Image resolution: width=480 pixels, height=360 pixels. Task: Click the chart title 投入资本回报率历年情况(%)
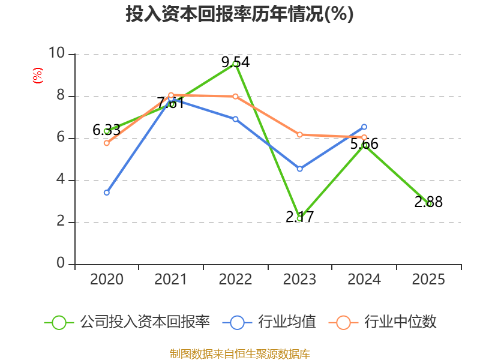(x=239, y=14)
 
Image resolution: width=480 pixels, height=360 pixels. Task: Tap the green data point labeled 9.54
(x=235, y=64)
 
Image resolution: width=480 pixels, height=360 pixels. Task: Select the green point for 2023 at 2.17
(x=299, y=218)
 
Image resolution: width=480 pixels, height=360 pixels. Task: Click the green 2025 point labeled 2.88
(x=428, y=203)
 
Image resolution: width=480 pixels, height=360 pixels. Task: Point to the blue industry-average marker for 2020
(x=107, y=193)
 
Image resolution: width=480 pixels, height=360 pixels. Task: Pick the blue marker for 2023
(x=299, y=169)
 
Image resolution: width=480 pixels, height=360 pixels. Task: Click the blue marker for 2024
(x=364, y=127)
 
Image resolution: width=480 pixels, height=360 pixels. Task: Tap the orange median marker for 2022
(x=235, y=97)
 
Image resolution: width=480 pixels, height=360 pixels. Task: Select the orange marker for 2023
(x=299, y=134)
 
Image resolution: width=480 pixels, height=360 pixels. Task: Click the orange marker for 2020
(x=107, y=143)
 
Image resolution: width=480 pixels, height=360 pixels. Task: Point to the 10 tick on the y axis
(x=57, y=53)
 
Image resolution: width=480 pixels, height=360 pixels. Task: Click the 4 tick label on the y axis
(x=61, y=179)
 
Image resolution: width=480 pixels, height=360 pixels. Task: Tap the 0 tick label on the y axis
(x=61, y=263)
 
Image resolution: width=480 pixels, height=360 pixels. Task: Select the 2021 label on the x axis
(x=170, y=280)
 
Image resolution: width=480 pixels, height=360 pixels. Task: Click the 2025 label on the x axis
(x=428, y=280)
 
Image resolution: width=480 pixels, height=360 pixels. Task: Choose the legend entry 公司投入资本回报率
(x=127, y=322)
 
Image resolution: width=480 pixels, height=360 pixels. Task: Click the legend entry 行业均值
(x=269, y=322)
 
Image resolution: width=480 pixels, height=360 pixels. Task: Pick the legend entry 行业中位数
(x=382, y=322)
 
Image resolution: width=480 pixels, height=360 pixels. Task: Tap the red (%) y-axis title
(x=38, y=76)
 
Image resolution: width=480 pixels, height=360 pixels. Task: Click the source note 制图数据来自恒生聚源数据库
(x=240, y=353)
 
